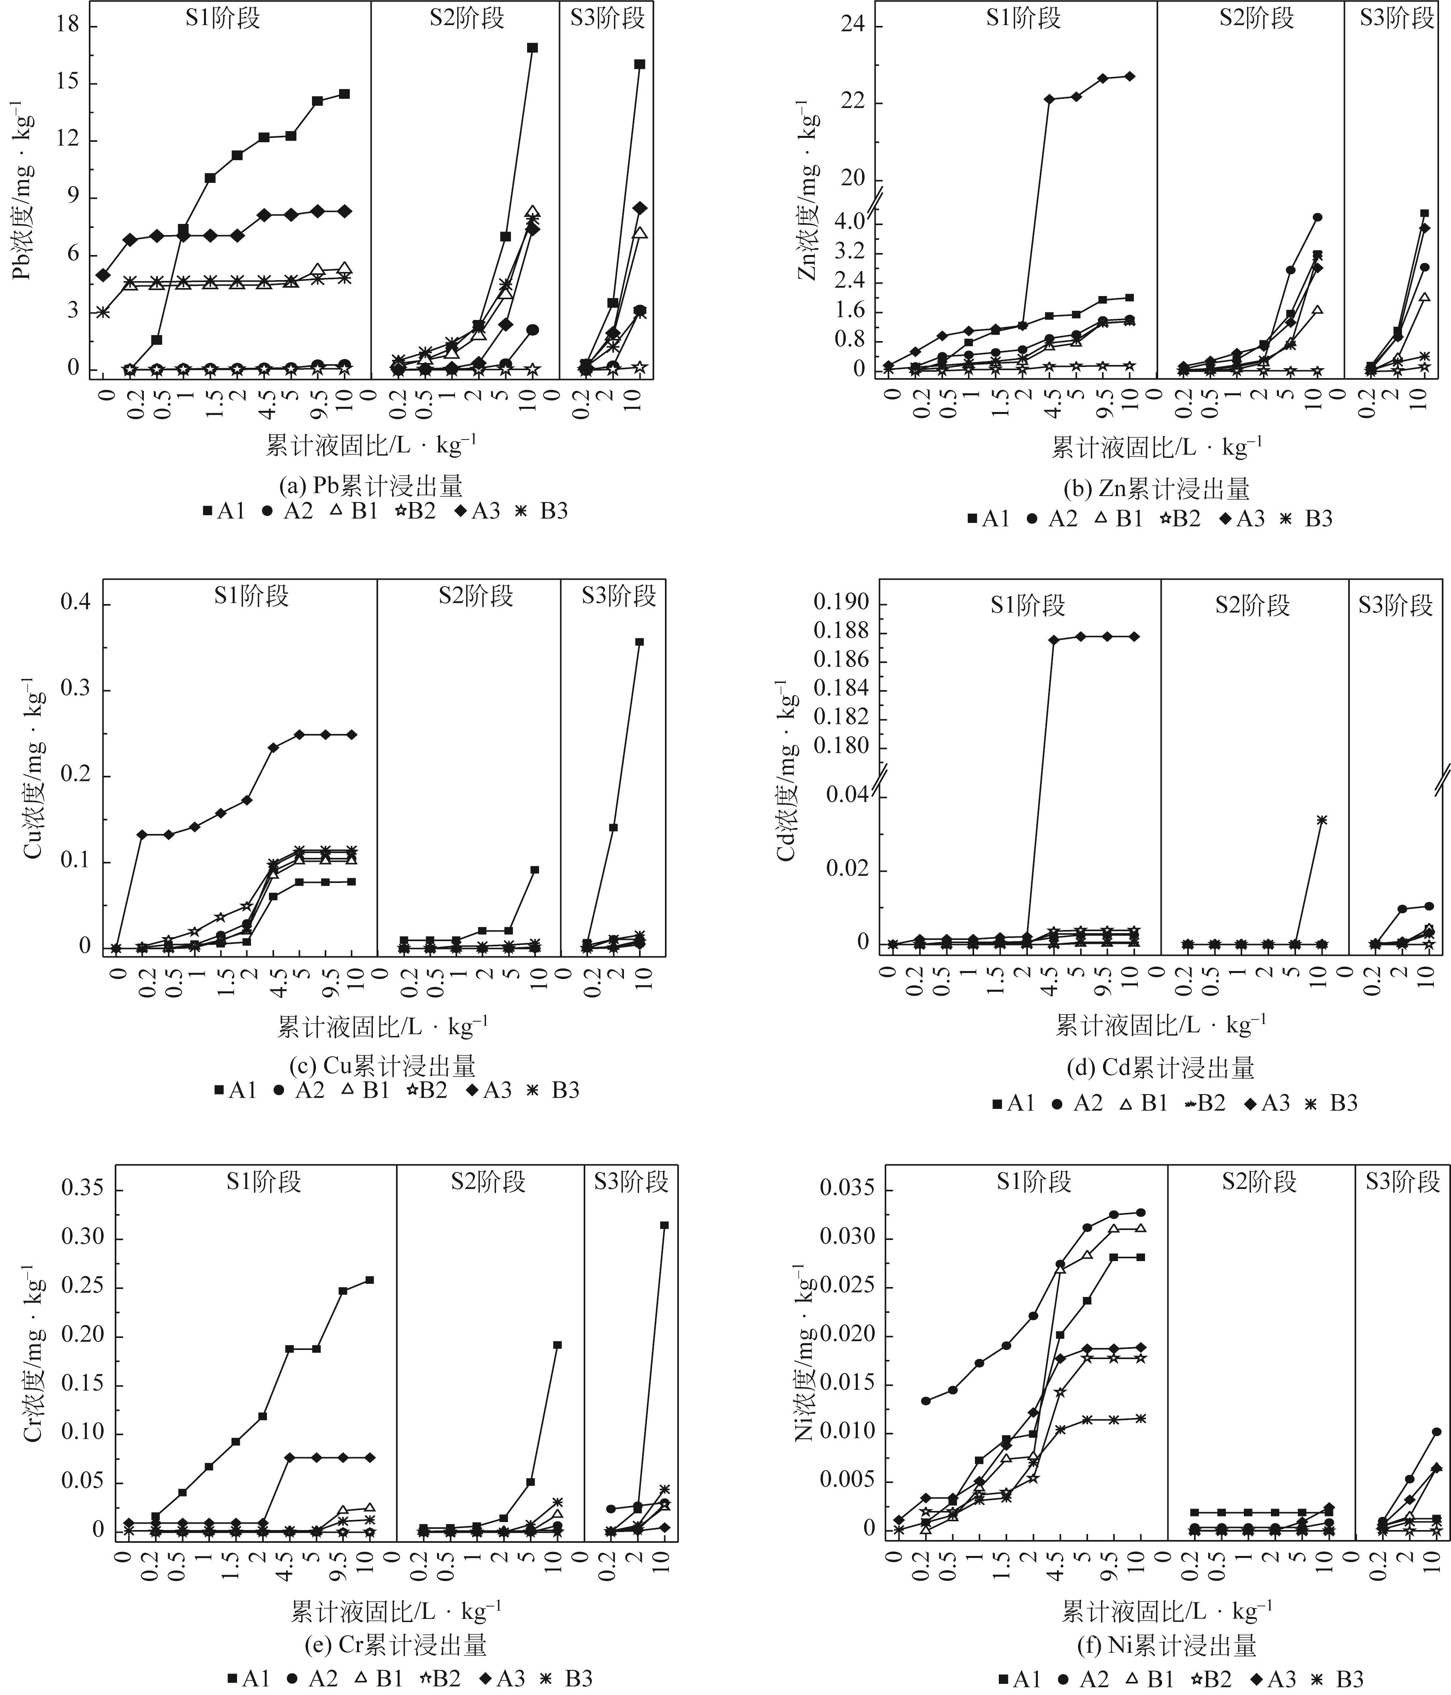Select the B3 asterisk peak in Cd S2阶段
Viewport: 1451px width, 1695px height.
(x=1321, y=820)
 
